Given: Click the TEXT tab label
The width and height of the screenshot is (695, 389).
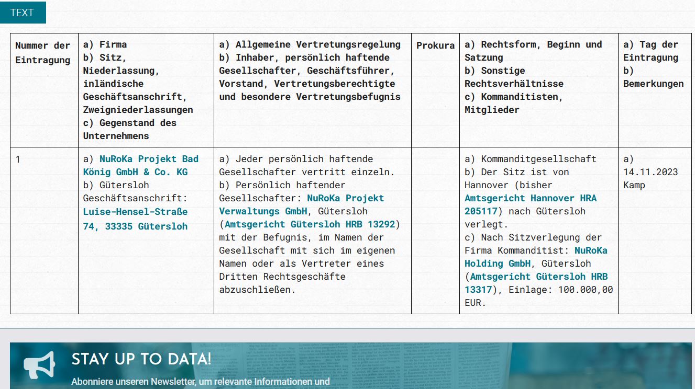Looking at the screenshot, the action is pyautogui.click(x=21, y=13).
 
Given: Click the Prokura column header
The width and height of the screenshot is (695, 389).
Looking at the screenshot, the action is pyautogui.click(x=435, y=45).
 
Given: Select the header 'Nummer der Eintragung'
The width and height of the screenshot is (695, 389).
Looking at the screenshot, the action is pyautogui.click(x=43, y=53).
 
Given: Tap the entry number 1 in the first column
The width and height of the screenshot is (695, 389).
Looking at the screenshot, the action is pyautogui.click(x=18, y=159).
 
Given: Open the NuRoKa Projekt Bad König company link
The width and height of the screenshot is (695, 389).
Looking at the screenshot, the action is pyautogui.click(x=140, y=165).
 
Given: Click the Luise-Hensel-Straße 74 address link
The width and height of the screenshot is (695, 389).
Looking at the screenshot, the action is pyautogui.click(x=135, y=219).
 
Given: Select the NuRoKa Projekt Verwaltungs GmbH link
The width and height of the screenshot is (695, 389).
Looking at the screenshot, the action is pyautogui.click(x=301, y=205).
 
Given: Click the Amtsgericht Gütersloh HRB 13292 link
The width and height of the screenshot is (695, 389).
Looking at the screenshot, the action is pyautogui.click(x=310, y=224).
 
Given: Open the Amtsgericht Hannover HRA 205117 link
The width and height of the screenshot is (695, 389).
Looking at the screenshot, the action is pyautogui.click(x=530, y=205).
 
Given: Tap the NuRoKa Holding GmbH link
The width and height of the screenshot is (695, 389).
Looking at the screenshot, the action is pyautogui.click(x=536, y=257).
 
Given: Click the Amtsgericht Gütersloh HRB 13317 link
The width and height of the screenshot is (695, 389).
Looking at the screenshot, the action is pyautogui.click(x=536, y=283).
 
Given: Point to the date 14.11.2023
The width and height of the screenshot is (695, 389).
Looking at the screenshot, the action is pyautogui.click(x=650, y=172).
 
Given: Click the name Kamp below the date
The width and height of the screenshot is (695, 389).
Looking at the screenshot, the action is pyautogui.click(x=634, y=185).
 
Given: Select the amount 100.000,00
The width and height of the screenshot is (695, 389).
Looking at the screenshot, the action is pyautogui.click(x=586, y=290).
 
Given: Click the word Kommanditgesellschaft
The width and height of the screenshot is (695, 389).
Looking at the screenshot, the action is pyautogui.click(x=538, y=159).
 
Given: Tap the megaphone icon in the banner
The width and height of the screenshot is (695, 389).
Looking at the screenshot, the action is pyautogui.click(x=39, y=365).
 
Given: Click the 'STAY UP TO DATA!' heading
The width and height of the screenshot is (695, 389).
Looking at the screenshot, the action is pyautogui.click(x=141, y=359).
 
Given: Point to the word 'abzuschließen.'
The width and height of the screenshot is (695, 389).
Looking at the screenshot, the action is pyautogui.click(x=257, y=290).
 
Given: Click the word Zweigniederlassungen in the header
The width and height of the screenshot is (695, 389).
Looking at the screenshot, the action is pyautogui.click(x=138, y=110).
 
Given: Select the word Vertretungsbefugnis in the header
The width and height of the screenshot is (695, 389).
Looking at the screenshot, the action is pyautogui.click(x=348, y=97).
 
